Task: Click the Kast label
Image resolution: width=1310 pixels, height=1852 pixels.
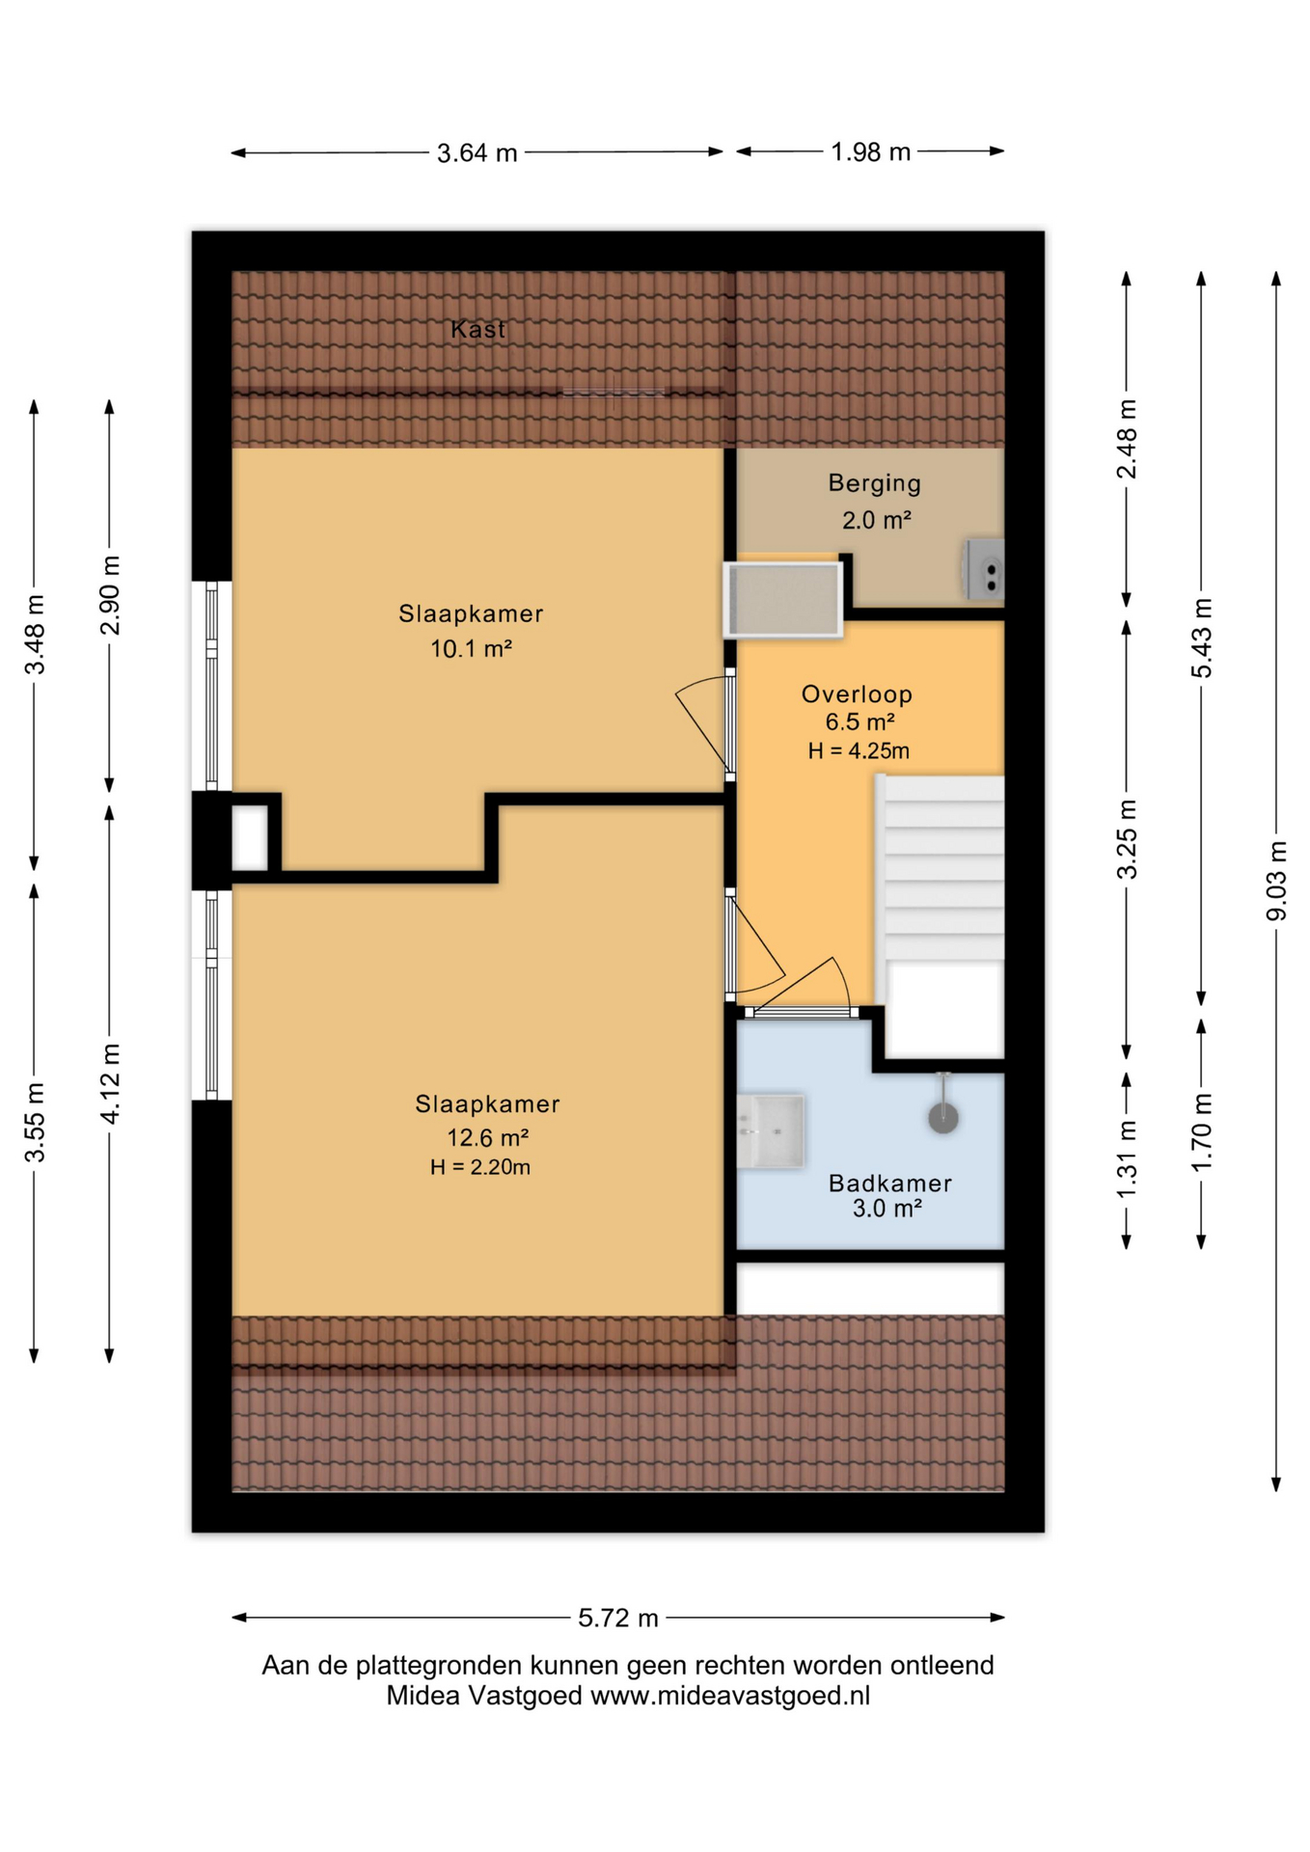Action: (478, 329)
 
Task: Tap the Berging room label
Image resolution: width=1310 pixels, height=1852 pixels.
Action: (874, 483)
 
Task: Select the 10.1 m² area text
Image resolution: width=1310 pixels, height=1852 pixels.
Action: (471, 649)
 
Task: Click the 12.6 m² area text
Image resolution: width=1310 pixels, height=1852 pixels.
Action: (487, 1138)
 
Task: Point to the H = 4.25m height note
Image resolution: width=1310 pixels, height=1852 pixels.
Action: (859, 751)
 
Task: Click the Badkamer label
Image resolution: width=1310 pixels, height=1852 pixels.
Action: (889, 1184)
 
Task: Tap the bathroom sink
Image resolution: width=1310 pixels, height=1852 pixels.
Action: (771, 1131)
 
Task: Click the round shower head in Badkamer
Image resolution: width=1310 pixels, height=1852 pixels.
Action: (943, 1118)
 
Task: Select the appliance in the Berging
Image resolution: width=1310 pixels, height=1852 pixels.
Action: (985, 569)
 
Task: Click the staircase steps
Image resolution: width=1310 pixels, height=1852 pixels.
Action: (941, 868)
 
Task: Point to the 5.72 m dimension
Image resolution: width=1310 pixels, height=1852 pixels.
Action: (618, 1618)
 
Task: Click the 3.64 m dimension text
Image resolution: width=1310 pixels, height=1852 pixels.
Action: (477, 153)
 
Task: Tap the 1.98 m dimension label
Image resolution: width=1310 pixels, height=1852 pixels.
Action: (871, 152)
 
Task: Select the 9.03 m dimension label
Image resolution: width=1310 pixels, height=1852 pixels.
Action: (1276, 881)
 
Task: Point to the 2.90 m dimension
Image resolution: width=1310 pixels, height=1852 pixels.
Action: (110, 595)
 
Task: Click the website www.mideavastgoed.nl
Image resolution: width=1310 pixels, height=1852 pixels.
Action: (730, 1696)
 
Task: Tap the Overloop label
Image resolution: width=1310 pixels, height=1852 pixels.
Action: (857, 694)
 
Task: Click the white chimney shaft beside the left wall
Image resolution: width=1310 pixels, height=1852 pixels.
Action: (250, 837)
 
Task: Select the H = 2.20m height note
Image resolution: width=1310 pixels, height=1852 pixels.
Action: (480, 1167)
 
